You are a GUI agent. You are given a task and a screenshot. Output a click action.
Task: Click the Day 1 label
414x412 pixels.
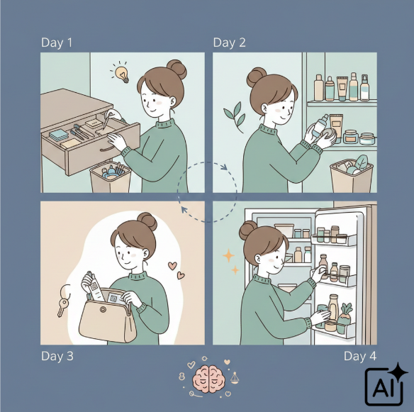coord(57,43)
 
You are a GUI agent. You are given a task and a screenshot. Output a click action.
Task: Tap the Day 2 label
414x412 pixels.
coord(229,43)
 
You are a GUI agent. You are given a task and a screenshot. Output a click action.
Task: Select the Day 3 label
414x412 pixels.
coord(57,356)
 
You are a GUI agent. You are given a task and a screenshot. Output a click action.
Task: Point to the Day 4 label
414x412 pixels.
coord(360,356)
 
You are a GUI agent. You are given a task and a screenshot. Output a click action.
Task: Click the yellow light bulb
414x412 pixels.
coord(122,74)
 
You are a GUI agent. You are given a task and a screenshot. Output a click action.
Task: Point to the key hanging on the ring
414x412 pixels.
coord(62,306)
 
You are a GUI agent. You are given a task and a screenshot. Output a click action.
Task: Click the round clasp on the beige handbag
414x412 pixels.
coord(103,309)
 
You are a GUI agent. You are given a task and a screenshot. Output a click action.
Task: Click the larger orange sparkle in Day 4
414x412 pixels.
coord(228,256)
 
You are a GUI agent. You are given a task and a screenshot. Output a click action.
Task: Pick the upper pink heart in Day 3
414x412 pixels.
coord(172,265)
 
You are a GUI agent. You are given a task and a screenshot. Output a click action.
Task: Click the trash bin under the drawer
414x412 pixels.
coord(111,177)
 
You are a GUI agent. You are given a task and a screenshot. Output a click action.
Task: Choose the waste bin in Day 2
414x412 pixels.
coord(352,177)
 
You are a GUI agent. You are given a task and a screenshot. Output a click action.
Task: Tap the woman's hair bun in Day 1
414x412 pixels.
coord(177,69)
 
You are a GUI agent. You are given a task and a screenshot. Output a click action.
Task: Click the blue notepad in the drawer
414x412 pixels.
coord(59,135)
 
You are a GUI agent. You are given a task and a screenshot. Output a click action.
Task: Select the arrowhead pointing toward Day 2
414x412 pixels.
coord(225,167)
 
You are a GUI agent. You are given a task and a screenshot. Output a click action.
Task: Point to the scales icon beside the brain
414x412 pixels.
coord(235,378)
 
